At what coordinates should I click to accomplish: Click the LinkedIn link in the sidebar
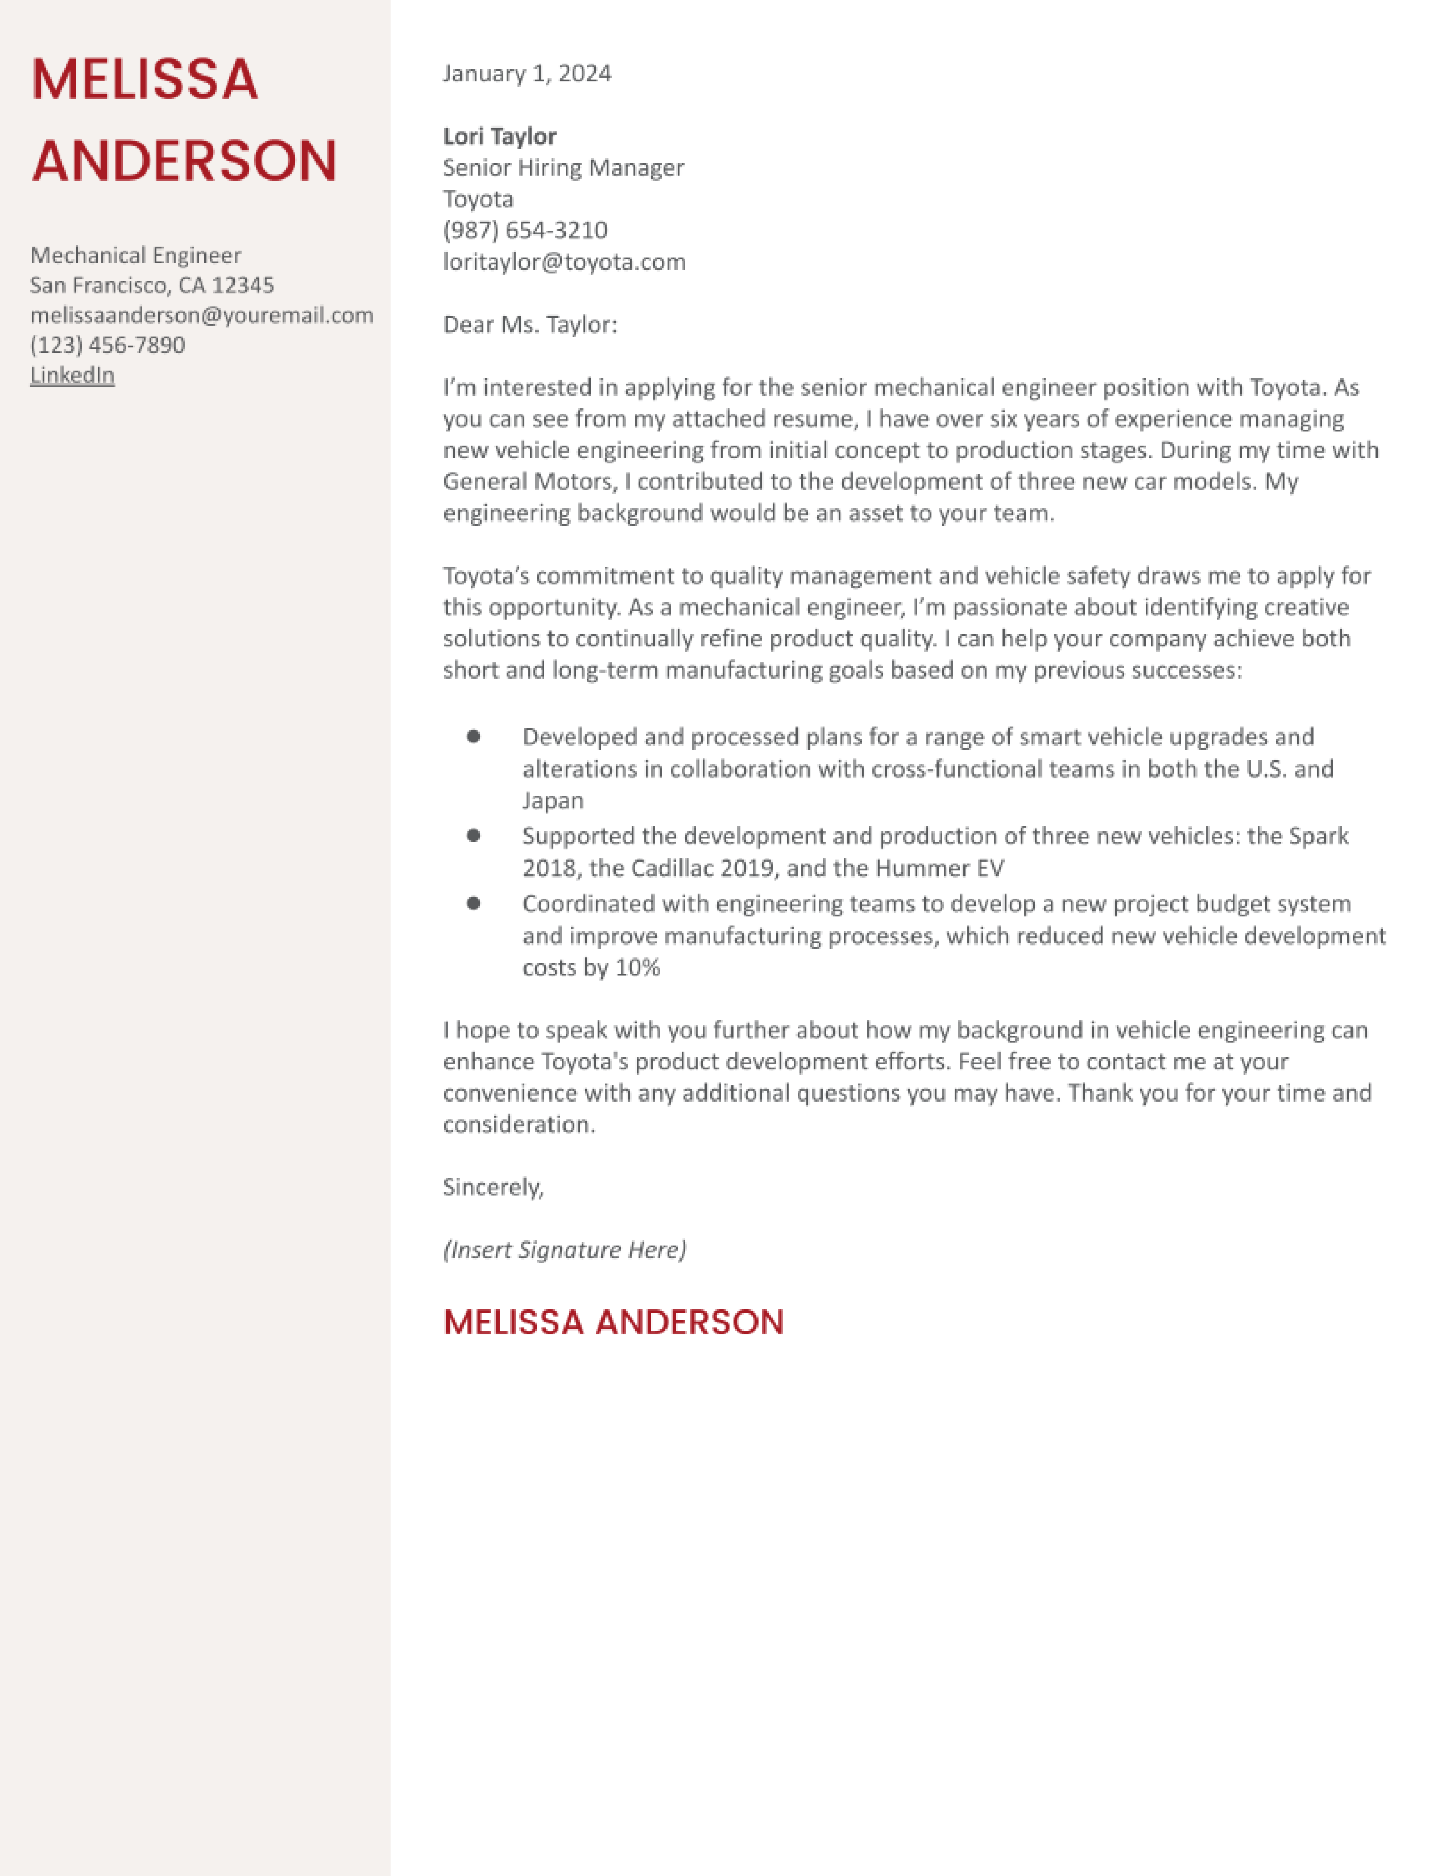[72, 375]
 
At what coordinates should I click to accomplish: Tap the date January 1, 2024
[527, 74]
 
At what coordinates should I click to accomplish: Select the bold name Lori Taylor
[499, 136]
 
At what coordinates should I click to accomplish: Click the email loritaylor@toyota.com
[564, 262]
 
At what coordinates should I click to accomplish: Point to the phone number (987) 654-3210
[525, 230]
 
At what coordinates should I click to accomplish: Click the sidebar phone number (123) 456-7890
[107, 345]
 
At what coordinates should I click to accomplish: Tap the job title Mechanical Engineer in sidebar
[135, 256]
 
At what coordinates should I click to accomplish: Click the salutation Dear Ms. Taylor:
[529, 325]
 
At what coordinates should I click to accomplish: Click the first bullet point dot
[473, 736]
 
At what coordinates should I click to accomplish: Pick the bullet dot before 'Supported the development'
[473, 835]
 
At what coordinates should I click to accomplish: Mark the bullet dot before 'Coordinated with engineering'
[473, 903]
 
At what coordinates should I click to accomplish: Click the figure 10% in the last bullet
[637, 968]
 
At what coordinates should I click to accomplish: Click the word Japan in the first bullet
[552, 800]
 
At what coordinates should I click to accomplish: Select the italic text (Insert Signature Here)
[565, 1250]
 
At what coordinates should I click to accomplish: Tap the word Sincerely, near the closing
[493, 1187]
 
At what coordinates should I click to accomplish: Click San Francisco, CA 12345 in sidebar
[152, 285]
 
